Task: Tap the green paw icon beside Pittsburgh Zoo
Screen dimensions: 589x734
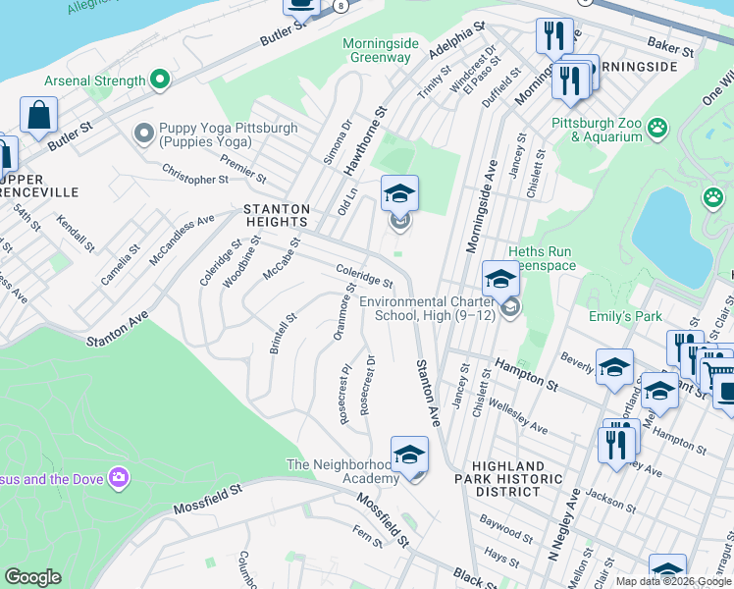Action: click(x=656, y=126)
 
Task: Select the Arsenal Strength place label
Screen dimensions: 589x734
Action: click(x=95, y=80)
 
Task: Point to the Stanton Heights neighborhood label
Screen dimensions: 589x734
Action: click(x=277, y=216)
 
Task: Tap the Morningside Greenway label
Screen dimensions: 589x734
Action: click(x=377, y=50)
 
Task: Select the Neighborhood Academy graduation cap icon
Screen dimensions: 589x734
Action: click(x=409, y=455)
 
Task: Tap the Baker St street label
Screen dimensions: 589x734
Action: click(x=670, y=45)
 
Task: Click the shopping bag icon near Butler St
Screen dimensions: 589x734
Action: click(x=38, y=116)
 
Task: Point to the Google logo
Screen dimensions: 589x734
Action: click(x=32, y=577)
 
